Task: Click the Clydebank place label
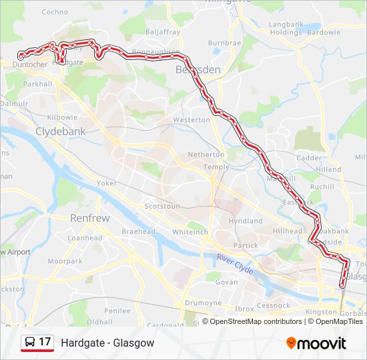[61, 131]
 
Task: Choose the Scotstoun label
[162, 207]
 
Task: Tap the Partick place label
[246, 245]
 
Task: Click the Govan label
[226, 282]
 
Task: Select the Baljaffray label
[163, 31]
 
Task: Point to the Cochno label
[55, 12]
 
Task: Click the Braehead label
[139, 231]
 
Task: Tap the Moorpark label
[65, 261]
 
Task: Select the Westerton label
[192, 120]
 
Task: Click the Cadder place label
[308, 158]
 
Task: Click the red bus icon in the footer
[30, 343]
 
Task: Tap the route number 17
[45, 342]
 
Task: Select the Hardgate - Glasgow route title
[107, 343]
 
